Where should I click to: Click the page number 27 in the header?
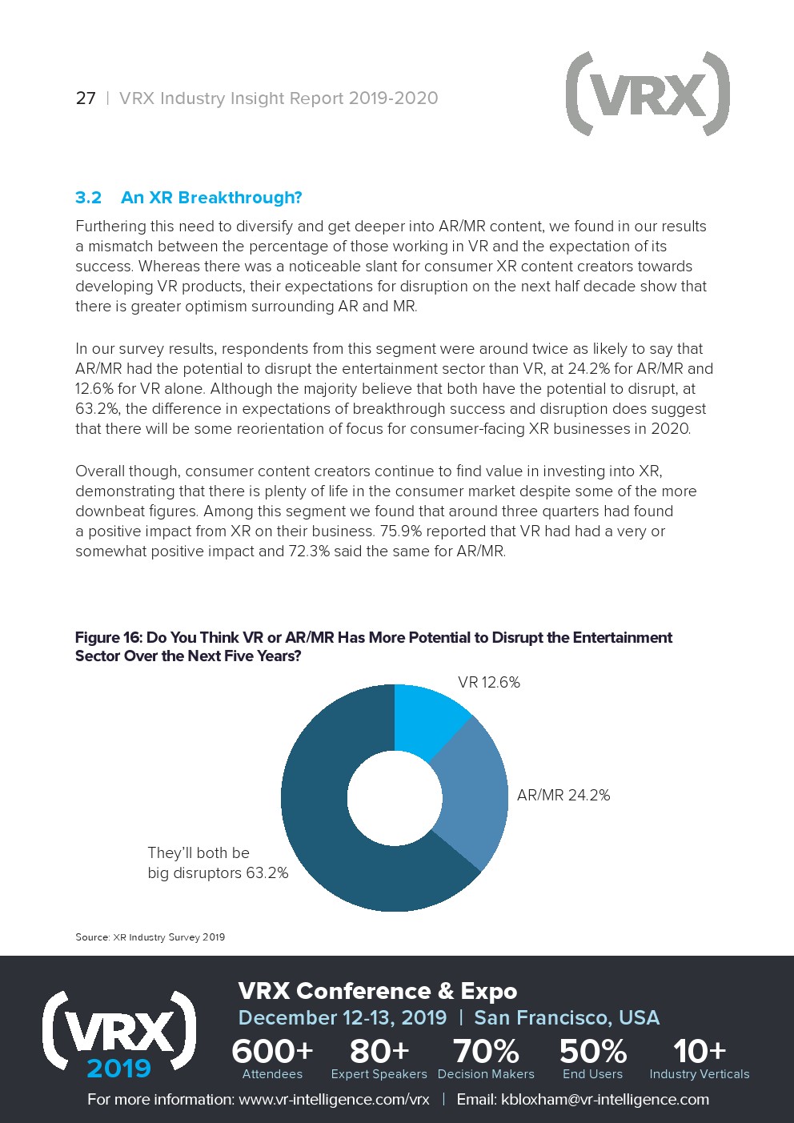click(x=86, y=98)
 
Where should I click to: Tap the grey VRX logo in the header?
click(x=647, y=94)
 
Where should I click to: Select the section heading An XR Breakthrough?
click(x=211, y=198)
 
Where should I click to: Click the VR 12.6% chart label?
click(x=488, y=683)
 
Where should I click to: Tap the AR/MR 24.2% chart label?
click(x=563, y=796)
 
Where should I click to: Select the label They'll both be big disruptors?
click(x=217, y=863)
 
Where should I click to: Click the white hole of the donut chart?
click(x=395, y=797)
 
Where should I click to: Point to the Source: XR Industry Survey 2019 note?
click(x=150, y=937)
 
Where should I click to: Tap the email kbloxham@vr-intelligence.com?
click(x=604, y=1100)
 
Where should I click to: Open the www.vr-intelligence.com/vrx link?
click(x=334, y=1100)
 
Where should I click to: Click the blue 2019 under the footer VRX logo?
click(x=118, y=1069)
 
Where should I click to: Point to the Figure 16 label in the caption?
click(x=108, y=638)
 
